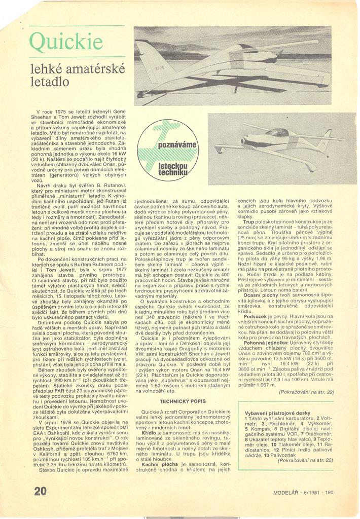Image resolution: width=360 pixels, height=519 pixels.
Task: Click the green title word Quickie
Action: [x=66, y=42]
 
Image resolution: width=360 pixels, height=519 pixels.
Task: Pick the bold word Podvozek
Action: [x=256, y=316]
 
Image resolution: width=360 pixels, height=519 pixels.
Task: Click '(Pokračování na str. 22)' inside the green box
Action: [x=306, y=460]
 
